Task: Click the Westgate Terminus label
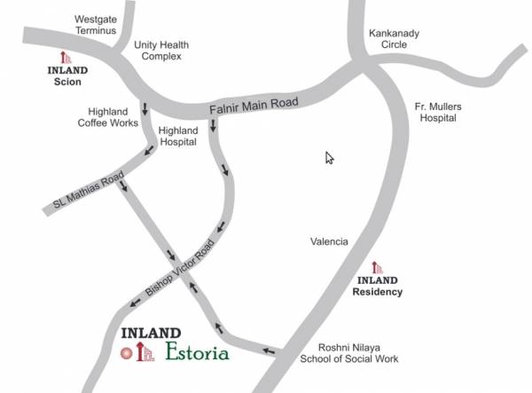click(x=96, y=24)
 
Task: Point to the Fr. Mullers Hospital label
click(x=437, y=112)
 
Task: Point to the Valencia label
click(x=329, y=241)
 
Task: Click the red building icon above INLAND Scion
click(x=65, y=57)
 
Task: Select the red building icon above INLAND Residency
click(x=377, y=268)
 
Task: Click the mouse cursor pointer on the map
click(x=329, y=158)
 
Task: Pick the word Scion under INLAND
click(x=65, y=82)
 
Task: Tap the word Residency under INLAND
click(x=377, y=291)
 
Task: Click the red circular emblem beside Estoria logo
click(x=126, y=352)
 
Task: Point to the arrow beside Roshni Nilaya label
click(x=270, y=352)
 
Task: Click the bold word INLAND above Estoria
click(x=150, y=334)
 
